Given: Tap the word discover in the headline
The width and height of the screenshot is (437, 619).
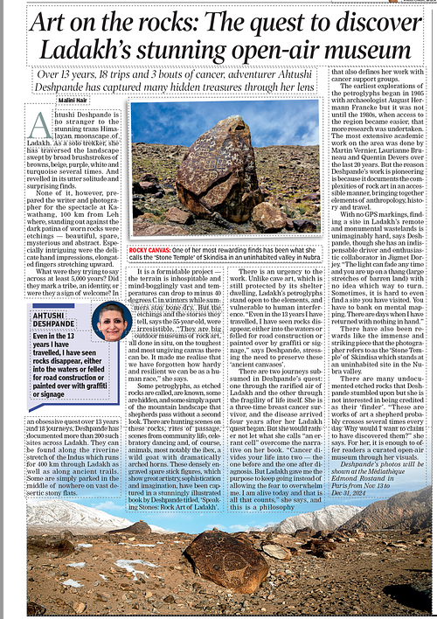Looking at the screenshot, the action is pos(363,21).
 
